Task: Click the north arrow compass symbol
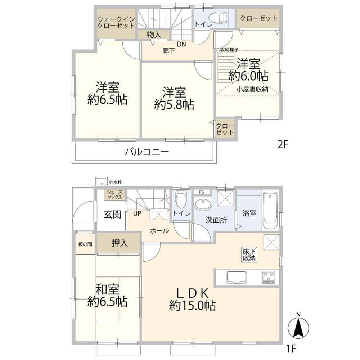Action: click(298, 326)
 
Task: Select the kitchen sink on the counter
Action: click(236, 278)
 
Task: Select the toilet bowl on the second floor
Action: click(219, 17)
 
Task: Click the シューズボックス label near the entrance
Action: click(115, 195)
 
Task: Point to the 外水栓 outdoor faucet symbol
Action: click(100, 181)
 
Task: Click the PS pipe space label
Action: click(201, 192)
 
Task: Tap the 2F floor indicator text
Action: click(283, 145)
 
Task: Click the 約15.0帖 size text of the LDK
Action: click(192, 306)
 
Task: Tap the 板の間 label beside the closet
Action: click(85, 244)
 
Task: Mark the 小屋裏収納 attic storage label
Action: click(252, 90)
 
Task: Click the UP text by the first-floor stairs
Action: click(137, 213)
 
